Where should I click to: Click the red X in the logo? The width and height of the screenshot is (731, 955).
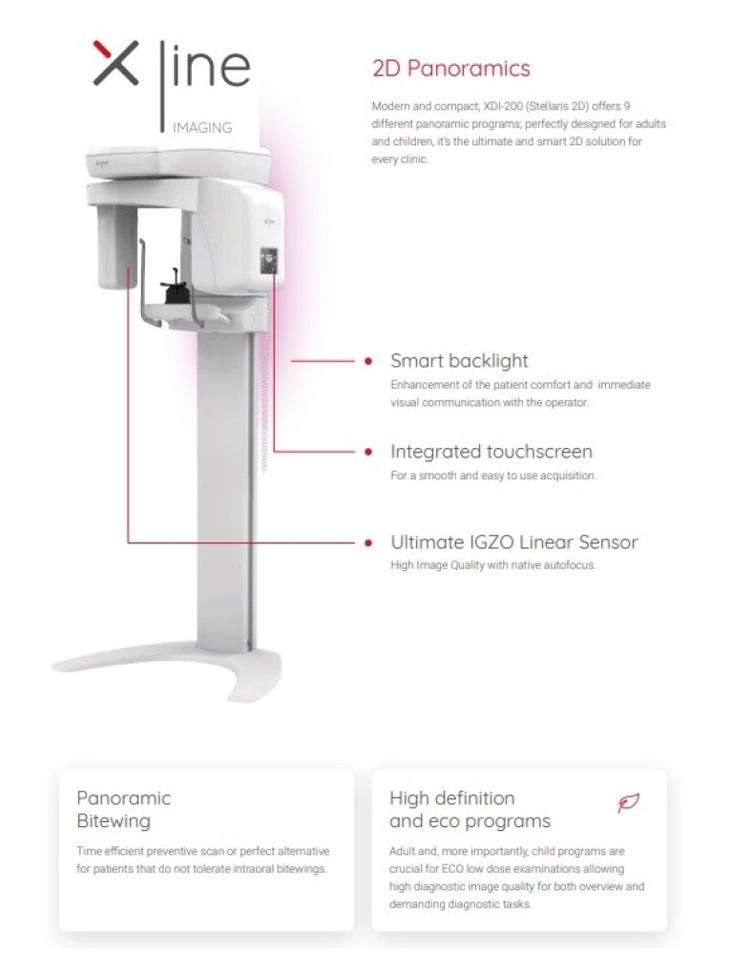point(115,63)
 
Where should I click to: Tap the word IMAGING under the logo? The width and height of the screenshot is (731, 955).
point(202,128)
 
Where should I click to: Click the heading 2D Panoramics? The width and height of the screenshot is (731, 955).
point(451,68)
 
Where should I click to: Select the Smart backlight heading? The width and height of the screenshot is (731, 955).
point(459,361)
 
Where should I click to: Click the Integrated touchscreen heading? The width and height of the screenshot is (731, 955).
point(491,452)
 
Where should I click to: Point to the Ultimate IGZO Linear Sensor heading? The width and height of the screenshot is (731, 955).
point(514,542)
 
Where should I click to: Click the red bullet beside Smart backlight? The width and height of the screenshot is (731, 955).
point(368,361)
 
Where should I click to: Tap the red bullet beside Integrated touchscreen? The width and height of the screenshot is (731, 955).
point(368,452)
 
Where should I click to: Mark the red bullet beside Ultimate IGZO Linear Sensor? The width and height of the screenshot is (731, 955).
point(368,542)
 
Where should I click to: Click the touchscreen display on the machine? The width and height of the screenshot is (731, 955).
point(269,260)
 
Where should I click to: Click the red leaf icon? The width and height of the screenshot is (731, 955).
point(628,803)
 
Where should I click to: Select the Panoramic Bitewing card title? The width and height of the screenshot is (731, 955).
point(123,810)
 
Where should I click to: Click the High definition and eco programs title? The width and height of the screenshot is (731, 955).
point(470,810)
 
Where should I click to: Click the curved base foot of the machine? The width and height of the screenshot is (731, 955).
point(167,668)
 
